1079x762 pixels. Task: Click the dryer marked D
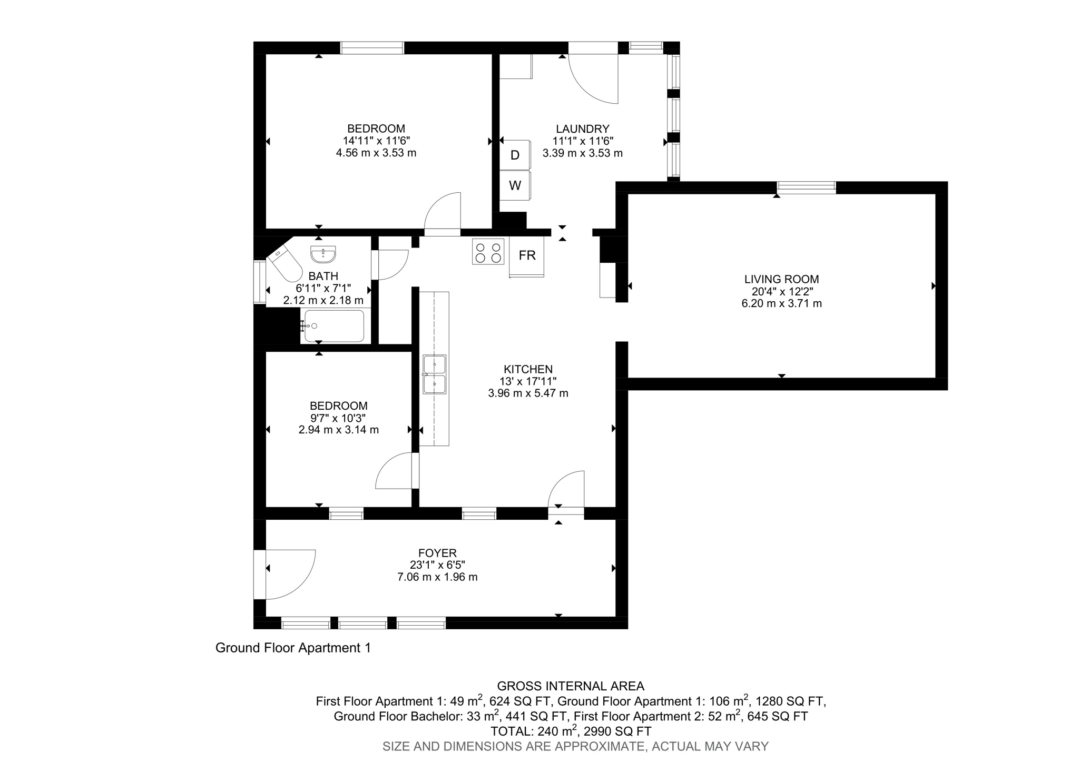point(515,155)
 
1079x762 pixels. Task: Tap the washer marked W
point(515,185)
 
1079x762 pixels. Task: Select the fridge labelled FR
point(527,256)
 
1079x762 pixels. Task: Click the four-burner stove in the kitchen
point(488,252)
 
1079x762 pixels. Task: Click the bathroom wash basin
point(323,254)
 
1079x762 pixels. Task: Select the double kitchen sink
point(435,374)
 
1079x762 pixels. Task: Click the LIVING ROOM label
point(781,280)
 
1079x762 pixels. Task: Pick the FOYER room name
point(437,553)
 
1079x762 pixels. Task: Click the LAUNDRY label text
point(582,129)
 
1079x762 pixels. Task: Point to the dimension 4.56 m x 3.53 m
point(376,153)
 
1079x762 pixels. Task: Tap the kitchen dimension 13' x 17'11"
point(528,381)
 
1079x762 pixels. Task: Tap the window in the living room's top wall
point(806,187)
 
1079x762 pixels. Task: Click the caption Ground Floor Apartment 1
point(293,648)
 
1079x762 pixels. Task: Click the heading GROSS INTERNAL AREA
point(571,686)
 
